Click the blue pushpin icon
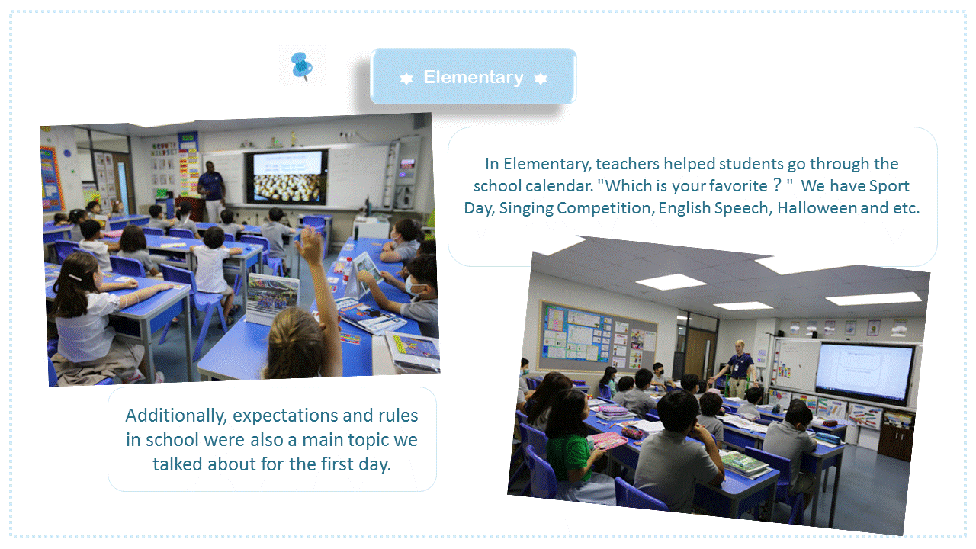coord(301,66)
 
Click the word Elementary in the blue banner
coord(474,77)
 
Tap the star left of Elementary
coord(406,79)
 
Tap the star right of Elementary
coord(541,79)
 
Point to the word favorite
coord(738,186)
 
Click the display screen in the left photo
coord(287,176)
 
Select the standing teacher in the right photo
coord(739,368)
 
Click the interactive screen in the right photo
coord(865,373)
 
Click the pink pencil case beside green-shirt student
coord(607,441)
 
